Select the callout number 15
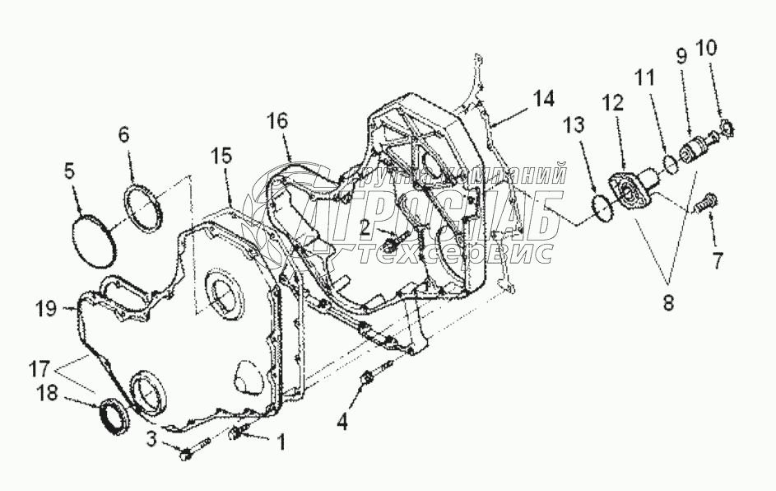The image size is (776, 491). point(221,156)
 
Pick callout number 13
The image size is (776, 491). point(574,125)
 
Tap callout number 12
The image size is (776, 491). point(611,103)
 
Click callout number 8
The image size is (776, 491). point(668,302)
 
